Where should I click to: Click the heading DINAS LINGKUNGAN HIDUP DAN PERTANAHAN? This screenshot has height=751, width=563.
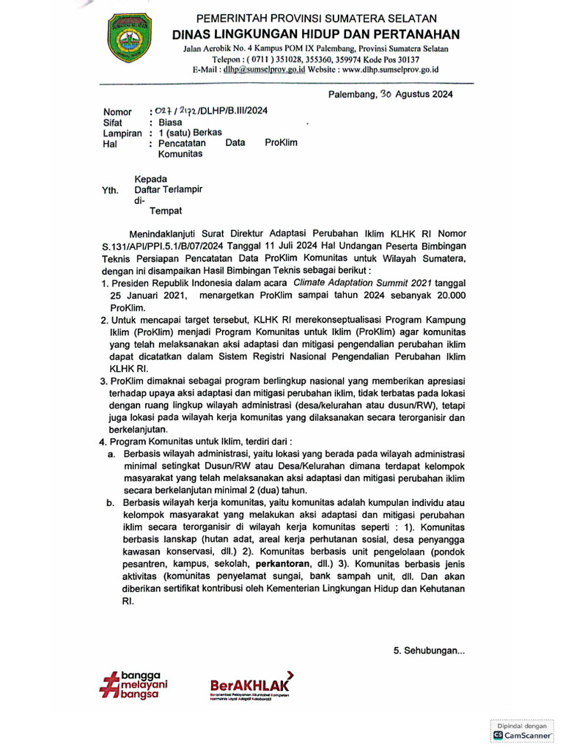coord(316,34)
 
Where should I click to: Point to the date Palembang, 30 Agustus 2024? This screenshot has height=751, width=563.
coord(390,94)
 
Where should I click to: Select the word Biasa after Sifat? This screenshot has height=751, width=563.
coord(171,122)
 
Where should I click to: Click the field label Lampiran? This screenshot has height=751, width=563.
coord(122,133)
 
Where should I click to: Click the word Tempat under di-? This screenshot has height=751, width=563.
coord(166,211)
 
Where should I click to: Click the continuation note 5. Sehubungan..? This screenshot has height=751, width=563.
coord(429,651)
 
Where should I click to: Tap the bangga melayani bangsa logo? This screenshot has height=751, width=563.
coord(134,684)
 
